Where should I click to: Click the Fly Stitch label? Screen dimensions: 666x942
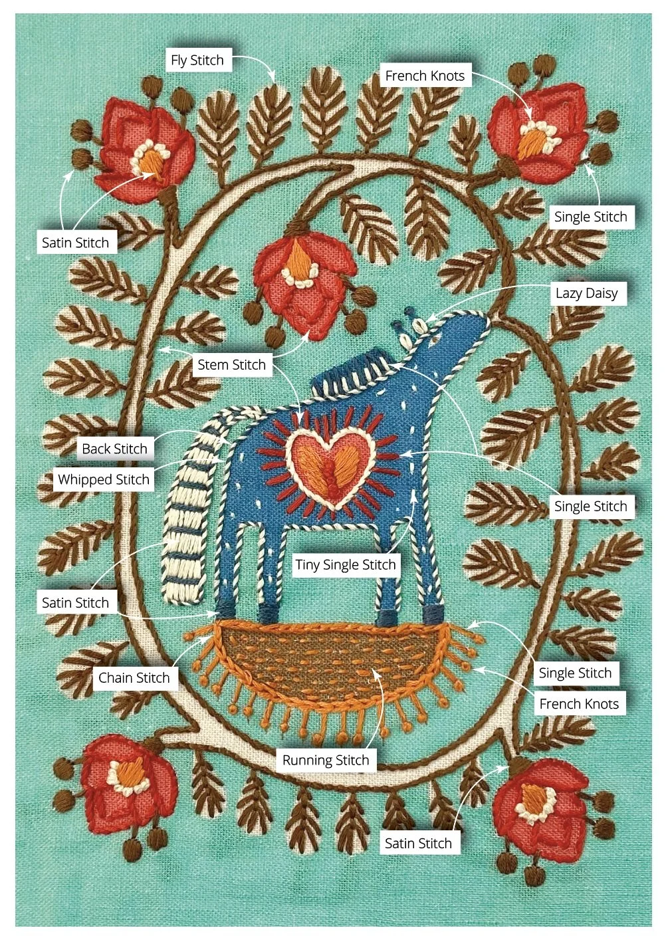(x=197, y=60)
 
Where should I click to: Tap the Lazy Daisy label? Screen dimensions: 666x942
(x=586, y=293)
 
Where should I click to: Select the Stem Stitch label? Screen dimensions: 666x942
(x=231, y=365)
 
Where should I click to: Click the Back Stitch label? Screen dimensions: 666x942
(x=114, y=449)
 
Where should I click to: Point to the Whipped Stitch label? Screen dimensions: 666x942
(x=104, y=479)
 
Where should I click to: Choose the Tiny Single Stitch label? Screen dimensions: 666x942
(x=346, y=565)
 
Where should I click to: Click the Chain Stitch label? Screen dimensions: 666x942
(x=134, y=678)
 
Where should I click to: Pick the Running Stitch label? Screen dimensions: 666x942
(x=325, y=761)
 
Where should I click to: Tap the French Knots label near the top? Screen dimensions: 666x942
(x=425, y=76)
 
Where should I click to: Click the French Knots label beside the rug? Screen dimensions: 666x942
(x=578, y=704)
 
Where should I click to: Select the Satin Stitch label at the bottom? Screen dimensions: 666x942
(x=418, y=844)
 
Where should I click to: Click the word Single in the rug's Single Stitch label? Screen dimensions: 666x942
(x=556, y=673)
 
